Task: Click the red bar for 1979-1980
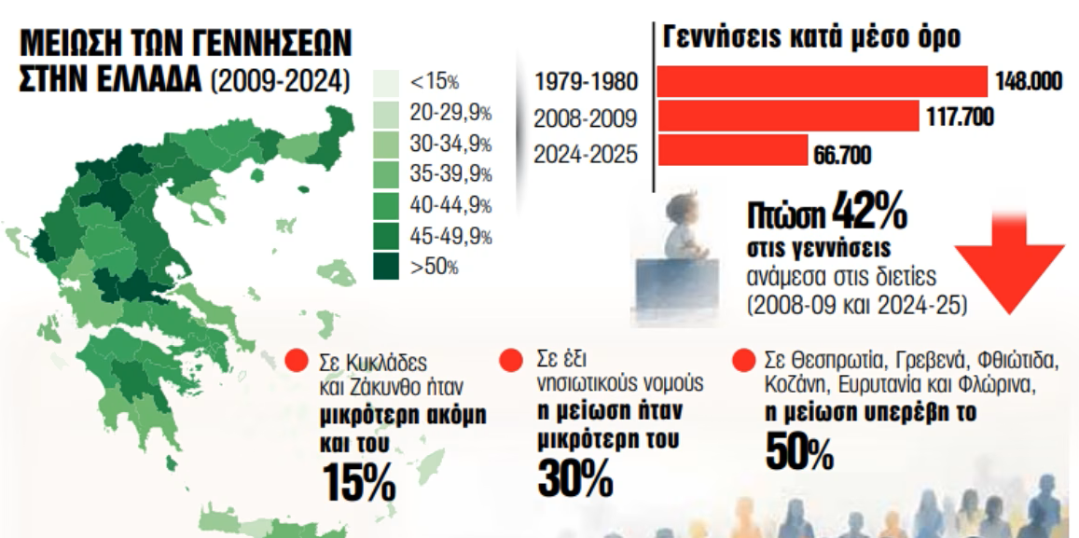pos(823,82)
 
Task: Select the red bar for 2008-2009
pos(789,116)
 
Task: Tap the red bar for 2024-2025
pos(733,150)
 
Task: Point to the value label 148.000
pos(1030,82)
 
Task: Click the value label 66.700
pos(843,155)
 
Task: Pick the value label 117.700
pos(960,117)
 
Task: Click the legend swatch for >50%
pos(386,267)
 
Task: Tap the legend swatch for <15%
pos(386,83)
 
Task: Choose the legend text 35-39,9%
pos(450,175)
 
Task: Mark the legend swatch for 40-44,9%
pos(386,206)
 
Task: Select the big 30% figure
pos(574,476)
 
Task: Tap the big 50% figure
pos(798,451)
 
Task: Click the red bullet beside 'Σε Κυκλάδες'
pos(297,362)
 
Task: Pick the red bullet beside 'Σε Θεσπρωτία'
pos(744,361)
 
